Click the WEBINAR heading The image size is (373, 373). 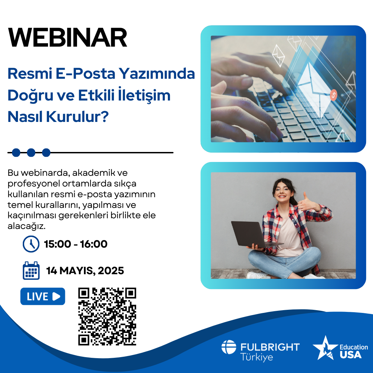click(68, 38)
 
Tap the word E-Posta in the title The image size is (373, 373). click(85, 74)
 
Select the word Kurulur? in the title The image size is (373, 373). click(77, 117)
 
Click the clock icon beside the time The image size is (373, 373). click(31, 244)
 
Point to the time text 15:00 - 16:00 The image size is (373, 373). click(76, 244)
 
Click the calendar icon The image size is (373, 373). click(31, 270)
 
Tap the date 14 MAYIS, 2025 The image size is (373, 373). click(85, 271)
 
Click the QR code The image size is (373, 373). click(107, 316)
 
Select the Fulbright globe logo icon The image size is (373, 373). click(229, 347)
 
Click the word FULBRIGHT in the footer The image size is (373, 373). click(270, 347)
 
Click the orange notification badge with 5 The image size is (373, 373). click(334, 95)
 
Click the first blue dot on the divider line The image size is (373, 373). click(16, 153)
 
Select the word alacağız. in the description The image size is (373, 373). click(26, 226)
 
